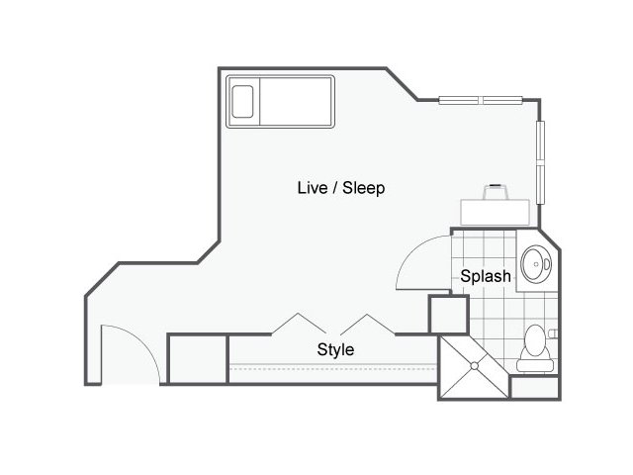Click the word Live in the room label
click(x=313, y=188)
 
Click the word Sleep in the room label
click(x=363, y=188)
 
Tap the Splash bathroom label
click(x=486, y=276)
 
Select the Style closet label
click(x=335, y=349)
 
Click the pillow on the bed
click(x=242, y=101)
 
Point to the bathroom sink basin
click(x=536, y=264)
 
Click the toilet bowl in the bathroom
click(x=535, y=340)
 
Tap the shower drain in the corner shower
click(x=475, y=365)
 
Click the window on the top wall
click(x=481, y=100)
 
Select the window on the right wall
click(x=541, y=162)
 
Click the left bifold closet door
click(x=299, y=324)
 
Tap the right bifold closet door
click(x=367, y=324)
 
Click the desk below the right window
click(x=495, y=212)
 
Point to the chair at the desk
click(x=496, y=192)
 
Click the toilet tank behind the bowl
click(x=535, y=365)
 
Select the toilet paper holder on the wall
click(x=554, y=333)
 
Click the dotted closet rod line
click(x=333, y=369)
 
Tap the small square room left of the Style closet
click(x=198, y=359)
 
